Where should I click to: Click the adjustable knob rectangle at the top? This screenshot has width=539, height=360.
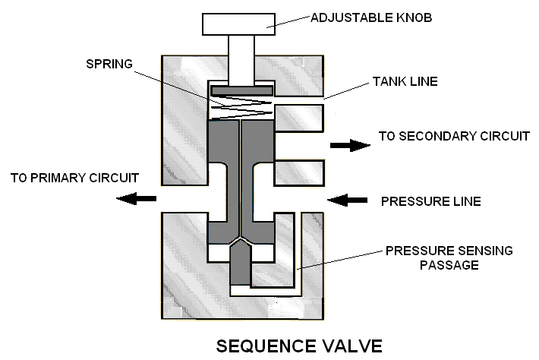[x=238, y=24]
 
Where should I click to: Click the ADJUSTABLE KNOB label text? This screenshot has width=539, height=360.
[x=371, y=18]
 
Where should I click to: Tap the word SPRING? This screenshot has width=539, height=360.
[x=109, y=64]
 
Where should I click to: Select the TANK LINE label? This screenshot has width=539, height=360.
[x=405, y=81]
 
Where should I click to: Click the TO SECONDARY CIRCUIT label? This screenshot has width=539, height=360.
[x=454, y=136]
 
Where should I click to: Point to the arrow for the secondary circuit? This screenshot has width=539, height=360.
[x=350, y=145]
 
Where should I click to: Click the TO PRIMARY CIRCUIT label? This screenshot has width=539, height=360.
[x=74, y=178]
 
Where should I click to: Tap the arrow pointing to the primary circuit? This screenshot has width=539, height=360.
[x=136, y=198]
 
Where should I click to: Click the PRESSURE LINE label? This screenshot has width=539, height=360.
[x=431, y=201]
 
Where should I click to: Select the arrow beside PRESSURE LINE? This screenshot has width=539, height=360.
[x=347, y=200]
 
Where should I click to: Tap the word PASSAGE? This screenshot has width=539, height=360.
[x=449, y=265]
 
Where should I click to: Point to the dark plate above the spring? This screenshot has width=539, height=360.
[x=242, y=91]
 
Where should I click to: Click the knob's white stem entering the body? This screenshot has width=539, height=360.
[x=241, y=59]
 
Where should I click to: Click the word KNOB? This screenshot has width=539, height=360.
[x=414, y=18]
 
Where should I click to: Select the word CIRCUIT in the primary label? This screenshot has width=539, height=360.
[x=114, y=178]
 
